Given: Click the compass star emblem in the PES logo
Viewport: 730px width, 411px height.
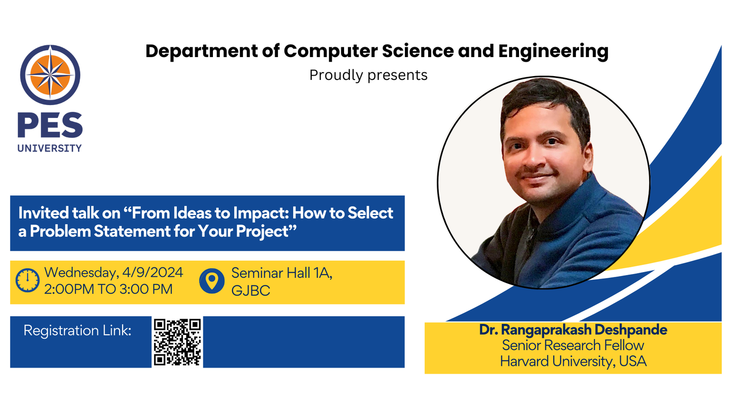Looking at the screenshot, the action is coord(50,75).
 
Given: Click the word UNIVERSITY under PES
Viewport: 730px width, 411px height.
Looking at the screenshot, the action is coord(49,148).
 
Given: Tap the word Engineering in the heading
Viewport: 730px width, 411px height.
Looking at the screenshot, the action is coord(553,51).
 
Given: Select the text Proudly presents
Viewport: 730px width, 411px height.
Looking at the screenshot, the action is coord(368,75).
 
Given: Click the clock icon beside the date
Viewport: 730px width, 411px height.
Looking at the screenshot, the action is coord(28,280).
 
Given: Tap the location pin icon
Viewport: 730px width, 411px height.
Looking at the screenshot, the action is coord(212,281).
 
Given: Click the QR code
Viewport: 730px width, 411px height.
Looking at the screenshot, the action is coord(177,342).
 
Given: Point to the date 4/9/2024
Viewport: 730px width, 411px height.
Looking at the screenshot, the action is coord(153,273).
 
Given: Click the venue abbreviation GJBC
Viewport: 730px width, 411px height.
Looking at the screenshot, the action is coord(250,290).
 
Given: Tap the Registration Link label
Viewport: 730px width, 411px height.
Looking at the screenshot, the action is coord(77,331).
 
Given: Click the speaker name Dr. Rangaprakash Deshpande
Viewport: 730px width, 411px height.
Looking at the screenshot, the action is coord(573,330).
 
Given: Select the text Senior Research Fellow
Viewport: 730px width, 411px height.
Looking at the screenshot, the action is coord(573,345).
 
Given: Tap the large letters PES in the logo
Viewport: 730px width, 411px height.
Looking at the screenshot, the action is coord(50,125).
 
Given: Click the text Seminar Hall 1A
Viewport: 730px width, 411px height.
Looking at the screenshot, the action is coord(282,273).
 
